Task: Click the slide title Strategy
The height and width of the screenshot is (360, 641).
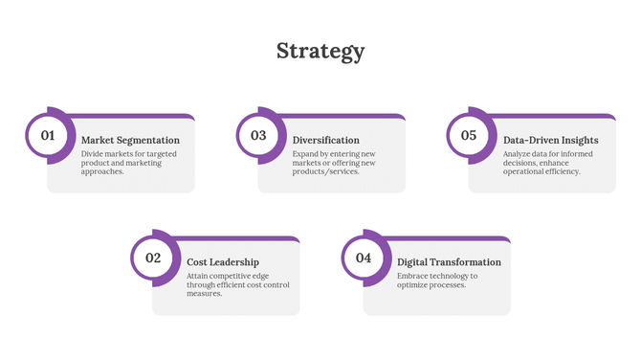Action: (320, 51)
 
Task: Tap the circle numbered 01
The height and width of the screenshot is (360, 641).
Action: (47, 135)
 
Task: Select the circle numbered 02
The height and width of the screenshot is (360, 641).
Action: (153, 258)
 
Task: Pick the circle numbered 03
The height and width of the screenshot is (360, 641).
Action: (258, 135)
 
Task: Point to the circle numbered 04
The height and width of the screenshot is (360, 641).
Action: (364, 258)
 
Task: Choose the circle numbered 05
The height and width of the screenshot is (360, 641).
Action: (469, 135)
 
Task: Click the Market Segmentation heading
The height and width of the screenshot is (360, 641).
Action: (130, 140)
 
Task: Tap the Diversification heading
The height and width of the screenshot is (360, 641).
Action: (326, 140)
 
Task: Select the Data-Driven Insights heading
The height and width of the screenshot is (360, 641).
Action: (551, 140)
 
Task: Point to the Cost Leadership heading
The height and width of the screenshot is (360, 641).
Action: (223, 261)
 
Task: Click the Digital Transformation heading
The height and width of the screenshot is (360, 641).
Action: (449, 261)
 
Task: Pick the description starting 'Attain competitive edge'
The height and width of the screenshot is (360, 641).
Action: (237, 284)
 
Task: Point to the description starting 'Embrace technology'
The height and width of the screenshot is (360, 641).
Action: (437, 281)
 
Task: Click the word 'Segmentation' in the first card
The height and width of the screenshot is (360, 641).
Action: (147, 140)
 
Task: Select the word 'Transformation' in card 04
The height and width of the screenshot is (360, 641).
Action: (464, 261)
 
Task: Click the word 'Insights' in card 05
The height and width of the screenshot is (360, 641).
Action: (581, 140)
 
